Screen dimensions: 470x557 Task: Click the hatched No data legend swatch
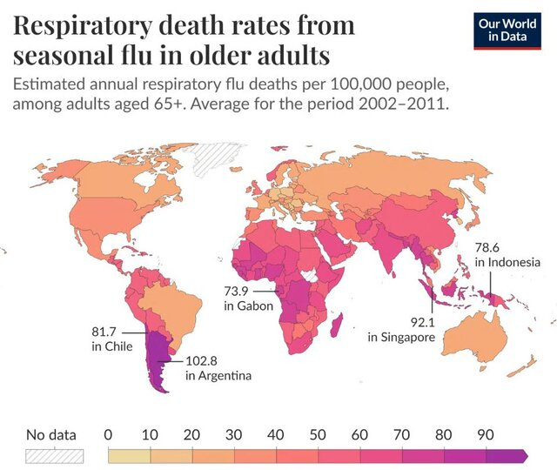click(55, 455)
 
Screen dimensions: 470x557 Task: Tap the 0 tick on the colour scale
click(108, 434)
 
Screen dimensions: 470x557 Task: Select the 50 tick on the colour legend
click(319, 434)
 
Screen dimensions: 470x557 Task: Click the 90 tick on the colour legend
click(487, 434)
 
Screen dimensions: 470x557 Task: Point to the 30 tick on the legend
click(234, 434)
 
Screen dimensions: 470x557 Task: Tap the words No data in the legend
click(50, 434)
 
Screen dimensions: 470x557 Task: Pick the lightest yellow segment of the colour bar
click(129, 455)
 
